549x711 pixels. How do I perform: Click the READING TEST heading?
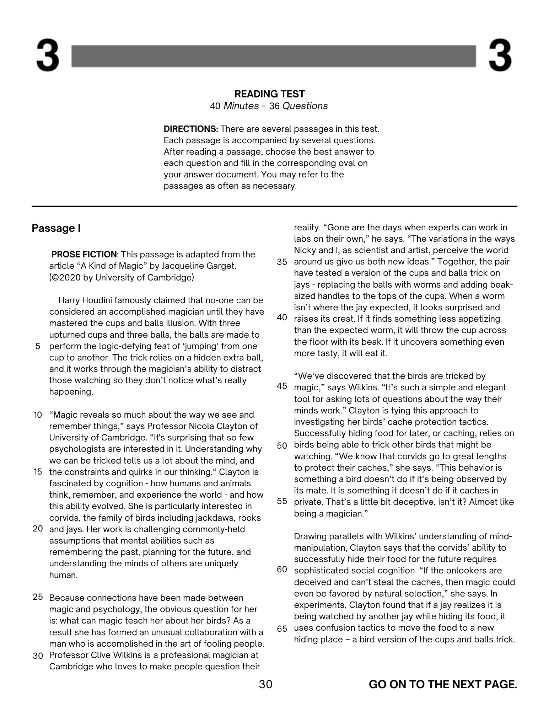pyautogui.click(x=269, y=94)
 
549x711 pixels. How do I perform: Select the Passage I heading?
pyautogui.click(x=56, y=228)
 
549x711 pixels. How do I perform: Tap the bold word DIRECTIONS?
pyautogui.click(x=190, y=129)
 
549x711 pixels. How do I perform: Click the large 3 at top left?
pyautogui.click(x=48, y=56)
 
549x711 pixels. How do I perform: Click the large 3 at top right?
pyautogui.click(x=500, y=56)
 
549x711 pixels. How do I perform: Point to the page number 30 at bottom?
pyautogui.click(x=265, y=684)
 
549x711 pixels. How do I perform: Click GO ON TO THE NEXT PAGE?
pyautogui.click(x=443, y=684)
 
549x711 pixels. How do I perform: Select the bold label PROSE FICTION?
pyautogui.click(x=84, y=255)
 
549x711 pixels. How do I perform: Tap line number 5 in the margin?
pyautogui.click(x=38, y=346)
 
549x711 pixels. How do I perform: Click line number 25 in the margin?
pyautogui.click(x=38, y=597)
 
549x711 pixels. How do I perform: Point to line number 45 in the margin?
pyautogui.click(x=282, y=386)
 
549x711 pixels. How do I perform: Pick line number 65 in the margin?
pyautogui.click(x=282, y=629)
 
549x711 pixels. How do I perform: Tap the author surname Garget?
pyautogui.click(x=220, y=266)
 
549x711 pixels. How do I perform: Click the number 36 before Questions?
pyautogui.click(x=274, y=106)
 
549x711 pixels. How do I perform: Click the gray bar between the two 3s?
pyautogui.click(x=274, y=56)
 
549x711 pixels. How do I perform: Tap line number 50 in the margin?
pyautogui.click(x=282, y=446)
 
